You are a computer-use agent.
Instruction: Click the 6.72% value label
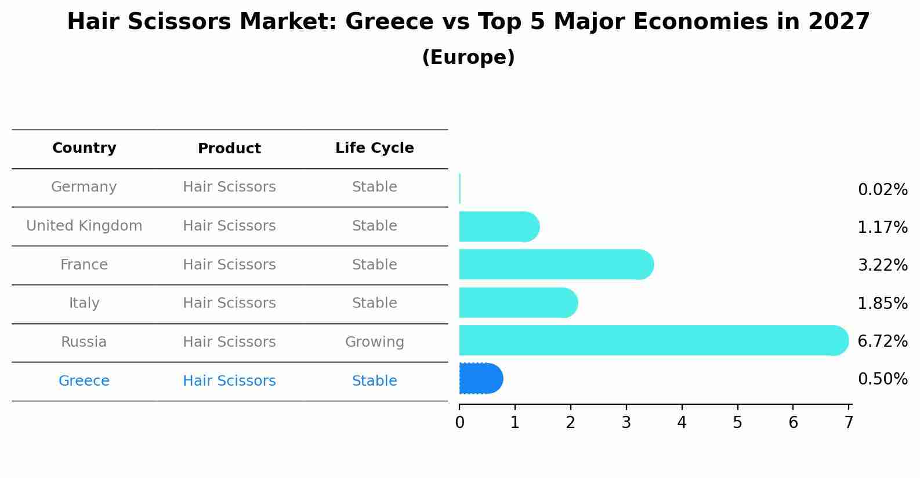pos(882,341)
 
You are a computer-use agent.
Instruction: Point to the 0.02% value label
pos(882,190)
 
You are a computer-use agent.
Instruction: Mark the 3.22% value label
pos(882,265)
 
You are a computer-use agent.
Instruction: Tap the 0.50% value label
pos(882,379)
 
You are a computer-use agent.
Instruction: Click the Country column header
pos(84,148)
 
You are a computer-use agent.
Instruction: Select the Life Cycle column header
pos(374,148)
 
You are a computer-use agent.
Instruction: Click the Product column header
pos(229,149)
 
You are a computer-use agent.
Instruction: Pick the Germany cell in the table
pos(84,187)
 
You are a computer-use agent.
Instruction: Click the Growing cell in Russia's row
pos(374,342)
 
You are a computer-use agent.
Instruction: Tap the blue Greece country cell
pos(84,381)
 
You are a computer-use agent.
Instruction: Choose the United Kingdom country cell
pos(84,226)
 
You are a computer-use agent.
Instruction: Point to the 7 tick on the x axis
pos(849,422)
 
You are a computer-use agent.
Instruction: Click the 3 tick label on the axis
pos(626,422)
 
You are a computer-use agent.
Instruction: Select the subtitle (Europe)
pos(468,57)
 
